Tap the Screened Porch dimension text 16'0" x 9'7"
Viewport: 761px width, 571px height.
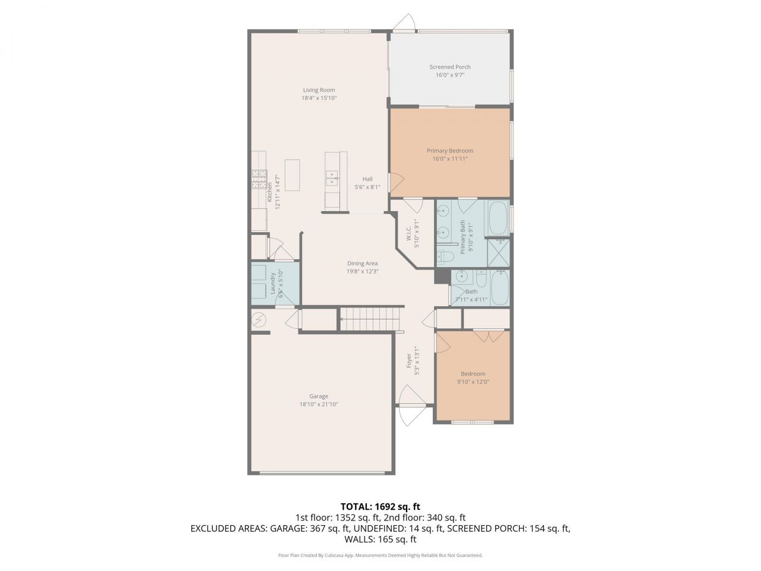pos(449,75)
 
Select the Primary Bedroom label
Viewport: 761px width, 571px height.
pos(449,151)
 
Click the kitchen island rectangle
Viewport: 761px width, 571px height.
pos(292,175)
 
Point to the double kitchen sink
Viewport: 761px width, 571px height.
pos(331,178)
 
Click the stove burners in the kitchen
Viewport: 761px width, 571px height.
pos(259,179)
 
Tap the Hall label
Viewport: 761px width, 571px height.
pos(367,179)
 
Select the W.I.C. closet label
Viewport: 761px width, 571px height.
pos(409,233)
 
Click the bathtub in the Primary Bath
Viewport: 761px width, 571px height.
pos(498,218)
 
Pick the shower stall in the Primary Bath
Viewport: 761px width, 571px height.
pos(498,253)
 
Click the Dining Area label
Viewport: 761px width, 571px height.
pos(362,263)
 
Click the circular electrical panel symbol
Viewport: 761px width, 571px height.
pos(259,321)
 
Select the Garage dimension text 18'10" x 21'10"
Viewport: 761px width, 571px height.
pos(319,404)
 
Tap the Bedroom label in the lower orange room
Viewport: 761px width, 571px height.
pos(473,374)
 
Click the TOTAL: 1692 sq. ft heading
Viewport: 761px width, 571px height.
pos(380,507)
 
